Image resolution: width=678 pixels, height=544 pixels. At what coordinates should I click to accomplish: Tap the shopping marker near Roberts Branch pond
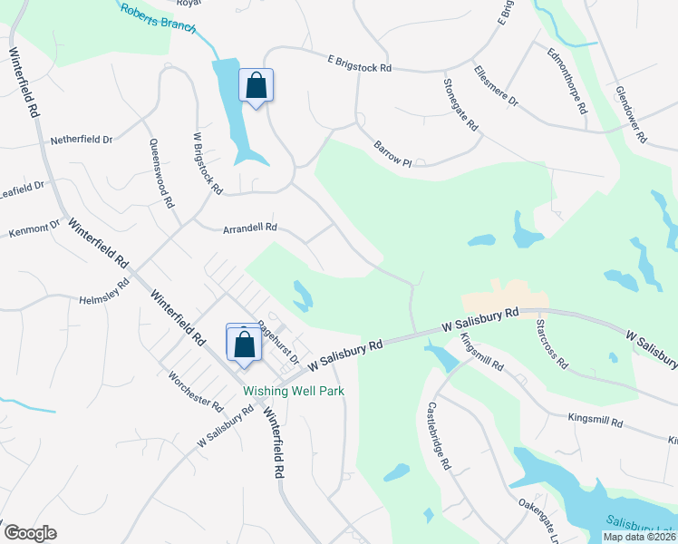pyautogui.click(x=257, y=86)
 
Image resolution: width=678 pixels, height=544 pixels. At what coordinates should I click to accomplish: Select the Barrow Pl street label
pyautogui.click(x=392, y=153)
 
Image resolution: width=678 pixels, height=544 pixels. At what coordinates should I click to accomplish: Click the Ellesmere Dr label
pyautogui.click(x=495, y=83)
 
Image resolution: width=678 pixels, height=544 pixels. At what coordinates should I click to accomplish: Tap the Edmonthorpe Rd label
pyautogui.click(x=567, y=82)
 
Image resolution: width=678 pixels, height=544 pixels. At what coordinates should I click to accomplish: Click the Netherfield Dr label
pyautogui.click(x=82, y=140)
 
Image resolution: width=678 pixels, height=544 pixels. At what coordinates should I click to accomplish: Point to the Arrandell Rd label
pyautogui.click(x=249, y=229)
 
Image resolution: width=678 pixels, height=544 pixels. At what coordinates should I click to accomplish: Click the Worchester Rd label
pyautogui.click(x=196, y=391)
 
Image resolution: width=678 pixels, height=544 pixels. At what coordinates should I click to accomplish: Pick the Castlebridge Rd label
pyautogui.click(x=439, y=435)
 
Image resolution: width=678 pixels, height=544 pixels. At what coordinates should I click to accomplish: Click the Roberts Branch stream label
pyautogui.click(x=160, y=16)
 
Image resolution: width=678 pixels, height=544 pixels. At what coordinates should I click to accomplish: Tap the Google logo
pyautogui.click(x=30, y=533)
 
